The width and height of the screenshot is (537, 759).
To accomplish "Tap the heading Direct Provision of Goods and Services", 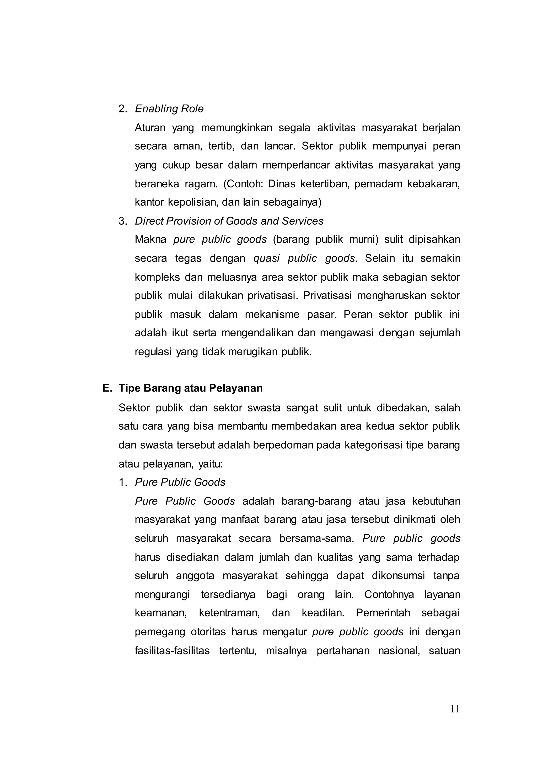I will pyautogui.click(x=229, y=221).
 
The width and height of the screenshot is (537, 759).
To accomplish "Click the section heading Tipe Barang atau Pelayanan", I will pyautogui.click(x=190, y=388).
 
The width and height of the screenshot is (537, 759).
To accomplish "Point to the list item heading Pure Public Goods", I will pyautogui.click(x=180, y=482).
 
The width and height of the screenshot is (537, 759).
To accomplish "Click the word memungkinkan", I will pyautogui.click(x=236, y=128).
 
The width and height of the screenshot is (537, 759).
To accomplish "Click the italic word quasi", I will pyautogui.click(x=266, y=258).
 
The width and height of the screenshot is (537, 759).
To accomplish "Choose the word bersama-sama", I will pyautogui.click(x=316, y=539).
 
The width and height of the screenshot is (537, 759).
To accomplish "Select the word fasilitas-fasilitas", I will pyautogui.click(x=172, y=650).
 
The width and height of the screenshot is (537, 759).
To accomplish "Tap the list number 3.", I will pyautogui.click(x=123, y=221).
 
